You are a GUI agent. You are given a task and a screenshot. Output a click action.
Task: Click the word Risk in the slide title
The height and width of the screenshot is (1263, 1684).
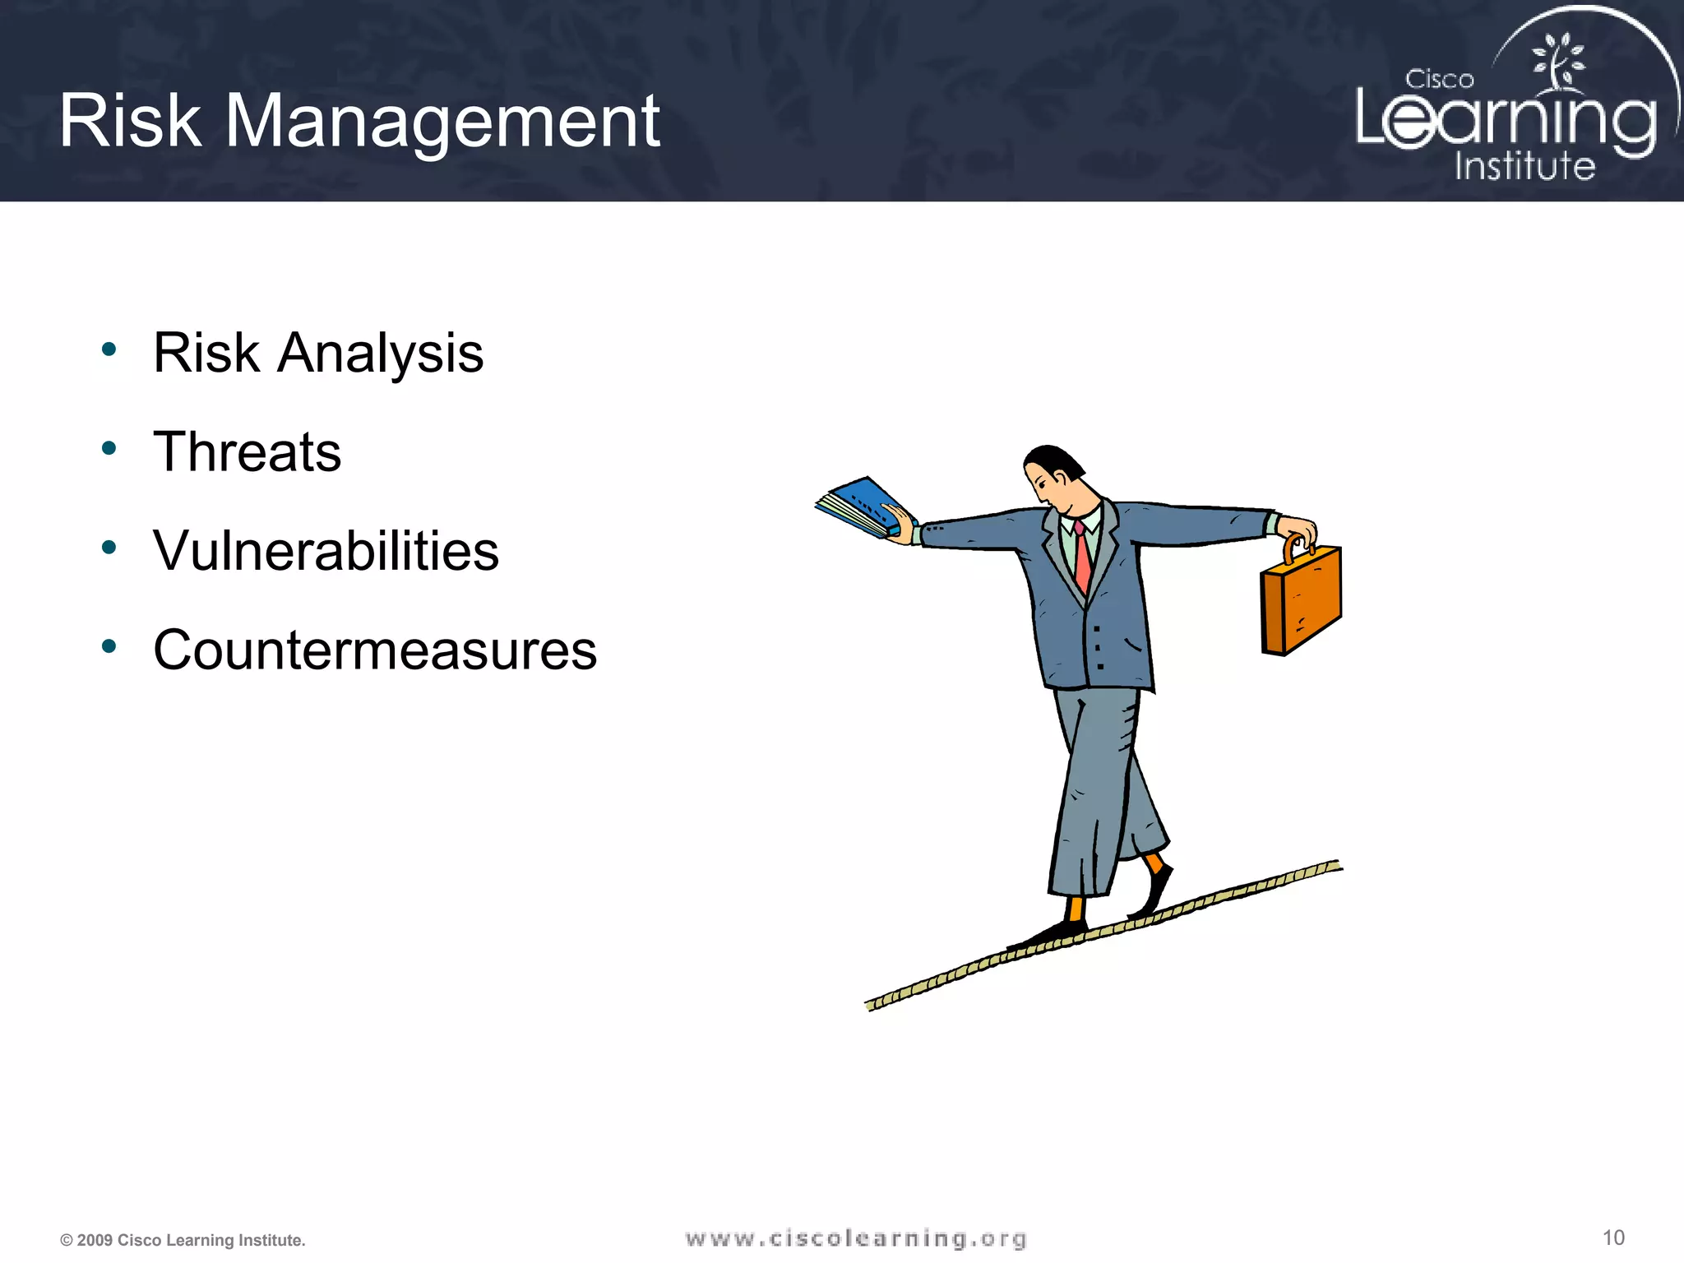(130, 122)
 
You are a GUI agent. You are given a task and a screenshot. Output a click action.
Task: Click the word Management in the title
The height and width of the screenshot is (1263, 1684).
(442, 123)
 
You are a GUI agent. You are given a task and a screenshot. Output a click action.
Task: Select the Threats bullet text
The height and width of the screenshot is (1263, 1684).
(247, 452)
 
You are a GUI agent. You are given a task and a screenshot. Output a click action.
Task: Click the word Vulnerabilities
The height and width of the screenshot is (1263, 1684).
(326, 551)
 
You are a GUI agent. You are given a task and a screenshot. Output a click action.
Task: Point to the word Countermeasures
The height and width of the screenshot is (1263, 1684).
(375, 650)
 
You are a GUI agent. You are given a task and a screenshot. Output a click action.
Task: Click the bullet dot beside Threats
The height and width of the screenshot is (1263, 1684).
(109, 449)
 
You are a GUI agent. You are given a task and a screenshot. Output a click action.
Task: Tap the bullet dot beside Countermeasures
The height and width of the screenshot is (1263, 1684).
(109, 647)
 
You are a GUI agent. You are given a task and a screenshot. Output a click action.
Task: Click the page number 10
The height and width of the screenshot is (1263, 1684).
(1613, 1238)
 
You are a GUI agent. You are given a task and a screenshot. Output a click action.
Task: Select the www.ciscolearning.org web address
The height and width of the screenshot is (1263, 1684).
(856, 1238)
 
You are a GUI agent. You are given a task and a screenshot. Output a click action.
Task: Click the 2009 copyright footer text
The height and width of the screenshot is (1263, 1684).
(183, 1240)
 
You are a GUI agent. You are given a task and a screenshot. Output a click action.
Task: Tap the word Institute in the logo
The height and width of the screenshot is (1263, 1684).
(1524, 166)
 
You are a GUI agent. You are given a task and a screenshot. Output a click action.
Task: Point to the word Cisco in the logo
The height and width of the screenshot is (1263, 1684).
(1439, 80)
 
